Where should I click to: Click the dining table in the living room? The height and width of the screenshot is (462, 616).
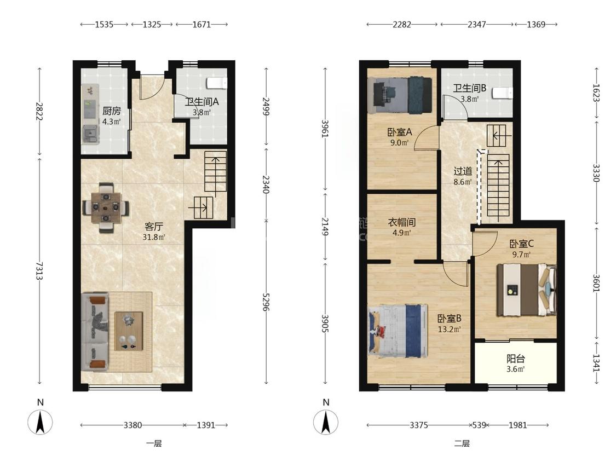point(106,207)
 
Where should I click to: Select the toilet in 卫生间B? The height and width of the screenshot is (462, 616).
point(503,93)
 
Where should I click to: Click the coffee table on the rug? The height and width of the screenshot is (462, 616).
point(129,331)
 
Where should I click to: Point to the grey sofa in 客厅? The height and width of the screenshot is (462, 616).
point(95,332)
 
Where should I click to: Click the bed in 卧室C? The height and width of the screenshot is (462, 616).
point(526,290)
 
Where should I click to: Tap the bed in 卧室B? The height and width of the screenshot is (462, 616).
point(398,331)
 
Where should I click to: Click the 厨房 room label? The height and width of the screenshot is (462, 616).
point(112,111)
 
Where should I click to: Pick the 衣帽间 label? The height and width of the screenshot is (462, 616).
point(401,222)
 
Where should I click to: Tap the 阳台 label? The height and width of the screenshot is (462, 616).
point(515,359)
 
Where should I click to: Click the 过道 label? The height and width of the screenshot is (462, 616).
point(463,171)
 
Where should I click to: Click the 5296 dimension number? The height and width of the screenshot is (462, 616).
point(266,302)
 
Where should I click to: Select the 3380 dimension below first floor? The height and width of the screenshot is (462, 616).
point(133,425)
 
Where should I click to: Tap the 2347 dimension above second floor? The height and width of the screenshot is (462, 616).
point(476,24)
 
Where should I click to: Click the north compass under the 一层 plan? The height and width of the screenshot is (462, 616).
point(40,421)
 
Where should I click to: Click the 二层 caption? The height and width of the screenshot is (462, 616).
point(462,444)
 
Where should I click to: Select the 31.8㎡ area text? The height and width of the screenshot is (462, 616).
point(154,237)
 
